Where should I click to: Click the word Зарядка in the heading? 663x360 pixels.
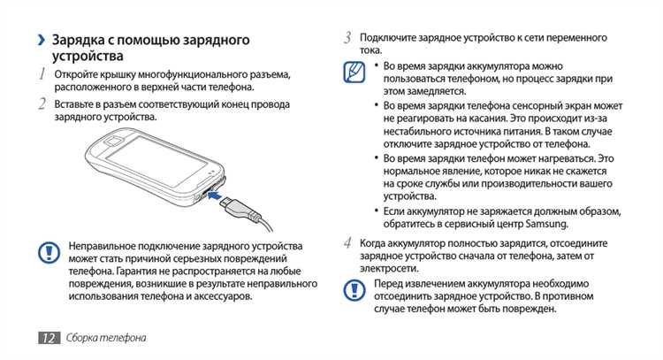85,40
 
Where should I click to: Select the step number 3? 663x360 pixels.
348,38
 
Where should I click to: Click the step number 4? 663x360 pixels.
348,241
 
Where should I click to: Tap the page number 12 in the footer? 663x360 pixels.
49,339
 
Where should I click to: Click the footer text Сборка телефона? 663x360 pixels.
105,339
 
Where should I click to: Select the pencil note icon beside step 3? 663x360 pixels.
354,73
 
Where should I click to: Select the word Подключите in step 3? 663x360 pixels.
389,38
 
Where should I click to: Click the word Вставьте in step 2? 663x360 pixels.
77,104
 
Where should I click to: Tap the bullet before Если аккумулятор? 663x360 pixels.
377,211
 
